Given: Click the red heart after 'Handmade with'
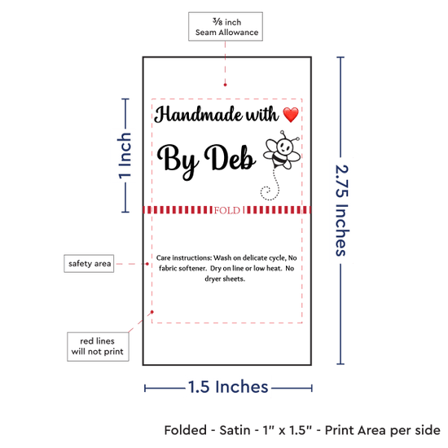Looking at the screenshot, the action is pos(291,115).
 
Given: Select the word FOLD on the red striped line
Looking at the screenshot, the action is pos(227,211).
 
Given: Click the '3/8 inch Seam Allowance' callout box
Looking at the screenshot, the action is pos(226,27).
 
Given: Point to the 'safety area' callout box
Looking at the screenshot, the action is pos(89,263).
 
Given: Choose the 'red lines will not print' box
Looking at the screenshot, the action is pos(98,346).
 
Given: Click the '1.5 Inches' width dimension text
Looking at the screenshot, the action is pos(228,387).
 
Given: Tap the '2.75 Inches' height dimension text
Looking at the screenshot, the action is pos(342,210).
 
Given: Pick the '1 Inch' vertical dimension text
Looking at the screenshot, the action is pos(125,156).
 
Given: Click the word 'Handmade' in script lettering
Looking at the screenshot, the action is pos(198,114).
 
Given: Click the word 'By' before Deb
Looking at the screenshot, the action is pos(177,160).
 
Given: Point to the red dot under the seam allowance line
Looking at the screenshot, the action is pos(225,85).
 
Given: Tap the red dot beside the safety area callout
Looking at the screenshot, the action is pos(147,264).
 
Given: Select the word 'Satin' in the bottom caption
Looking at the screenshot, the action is pos(235,430).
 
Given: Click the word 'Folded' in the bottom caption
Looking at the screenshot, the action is pos(186,430).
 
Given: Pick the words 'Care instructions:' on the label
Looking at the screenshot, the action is pos(184,257).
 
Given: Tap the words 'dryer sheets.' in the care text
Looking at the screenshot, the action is pos(225,279).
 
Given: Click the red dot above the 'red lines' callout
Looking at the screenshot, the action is pos(152,312).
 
